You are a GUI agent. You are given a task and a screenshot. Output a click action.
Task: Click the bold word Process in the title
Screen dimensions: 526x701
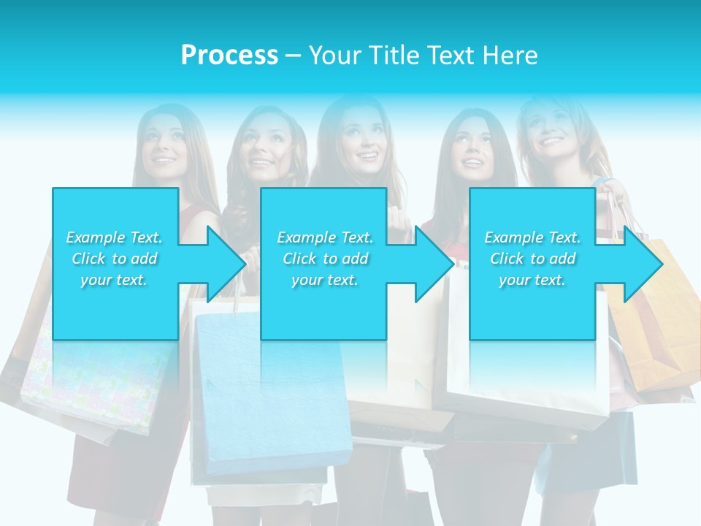pyautogui.click(x=229, y=55)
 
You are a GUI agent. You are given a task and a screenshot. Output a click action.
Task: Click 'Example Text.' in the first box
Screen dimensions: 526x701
pyautogui.click(x=115, y=237)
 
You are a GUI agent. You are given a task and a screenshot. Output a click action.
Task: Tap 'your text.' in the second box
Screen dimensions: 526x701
pyautogui.click(x=324, y=280)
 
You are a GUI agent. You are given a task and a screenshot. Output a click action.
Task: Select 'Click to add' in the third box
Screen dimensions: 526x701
pyautogui.click(x=533, y=259)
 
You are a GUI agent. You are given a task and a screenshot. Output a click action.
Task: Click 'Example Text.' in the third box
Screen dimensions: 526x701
pyautogui.click(x=533, y=237)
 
